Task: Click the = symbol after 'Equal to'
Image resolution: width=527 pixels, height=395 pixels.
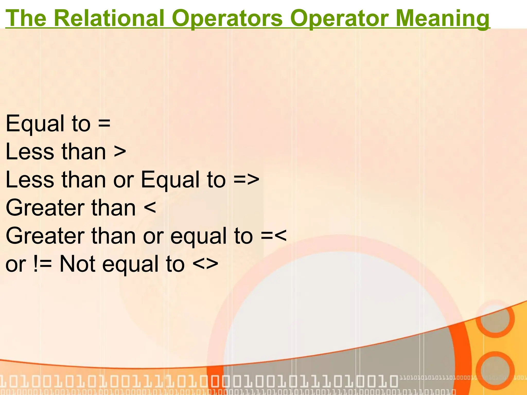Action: click(x=104, y=123)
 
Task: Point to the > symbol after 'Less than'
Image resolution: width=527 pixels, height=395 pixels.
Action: click(x=120, y=152)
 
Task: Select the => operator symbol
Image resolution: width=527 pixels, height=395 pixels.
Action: click(x=246, y=180)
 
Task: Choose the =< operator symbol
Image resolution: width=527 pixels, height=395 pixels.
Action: click(x=274, y=236)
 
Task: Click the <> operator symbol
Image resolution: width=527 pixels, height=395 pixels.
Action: click(x=205, y=264)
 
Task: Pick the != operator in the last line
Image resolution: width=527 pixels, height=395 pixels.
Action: click(x=43, y=264)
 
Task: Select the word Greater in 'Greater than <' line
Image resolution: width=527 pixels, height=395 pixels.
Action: click(x=45, y=208)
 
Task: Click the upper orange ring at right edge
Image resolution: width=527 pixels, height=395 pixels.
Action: click(x=495, y=319)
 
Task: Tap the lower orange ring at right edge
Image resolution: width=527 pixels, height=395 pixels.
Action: click(x=495, y=370)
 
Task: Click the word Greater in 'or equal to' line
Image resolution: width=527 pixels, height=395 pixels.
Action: click(x=45, y=236)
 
